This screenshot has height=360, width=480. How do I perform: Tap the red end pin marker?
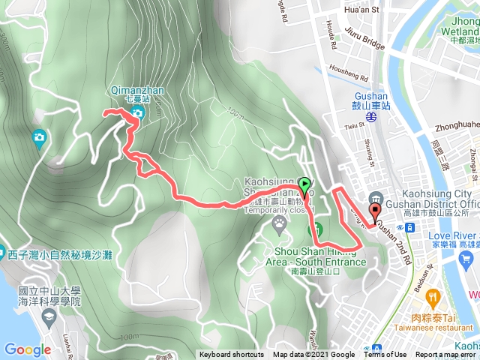click(x=374, y=209)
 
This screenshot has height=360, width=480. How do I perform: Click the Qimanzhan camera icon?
click(x=137, y=113)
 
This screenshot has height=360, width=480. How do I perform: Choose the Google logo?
click(x=28, y=349)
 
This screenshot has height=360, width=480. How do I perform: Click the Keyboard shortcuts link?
click(x=232, y=355)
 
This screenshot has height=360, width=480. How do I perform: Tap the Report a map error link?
click(x=446, y=355)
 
